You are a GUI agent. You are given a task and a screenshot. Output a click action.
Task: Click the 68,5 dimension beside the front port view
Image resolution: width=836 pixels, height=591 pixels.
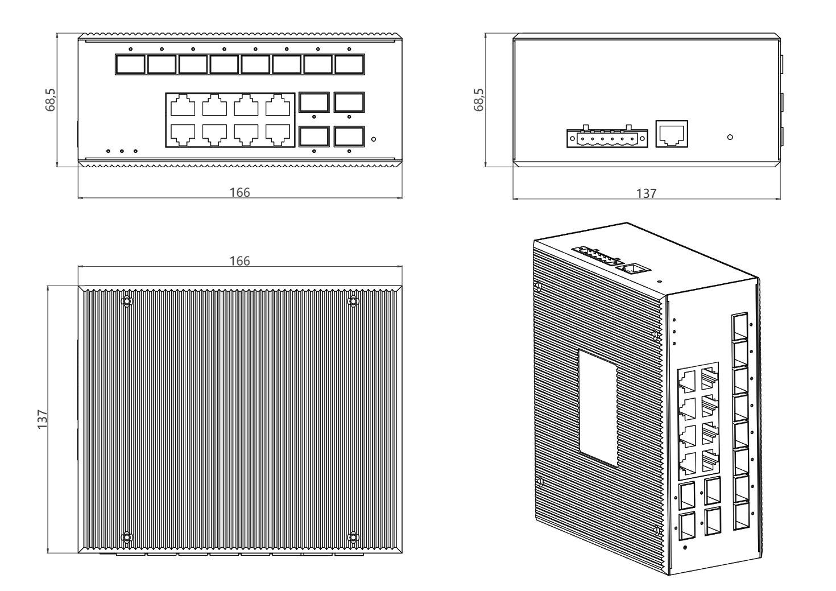tap(50, 100)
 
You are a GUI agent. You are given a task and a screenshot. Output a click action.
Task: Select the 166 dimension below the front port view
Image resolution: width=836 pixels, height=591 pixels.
tap(239, 192)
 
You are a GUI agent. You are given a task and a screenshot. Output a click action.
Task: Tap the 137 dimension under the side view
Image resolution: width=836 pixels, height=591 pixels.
tap(646, 193)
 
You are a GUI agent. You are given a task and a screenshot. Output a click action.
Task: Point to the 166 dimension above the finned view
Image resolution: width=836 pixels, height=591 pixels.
tap(239, 261)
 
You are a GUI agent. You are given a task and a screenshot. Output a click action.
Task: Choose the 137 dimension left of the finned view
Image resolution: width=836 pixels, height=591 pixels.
tap(42, 419)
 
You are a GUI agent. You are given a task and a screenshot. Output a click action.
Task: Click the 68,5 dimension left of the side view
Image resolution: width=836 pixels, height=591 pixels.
tap(478, 100)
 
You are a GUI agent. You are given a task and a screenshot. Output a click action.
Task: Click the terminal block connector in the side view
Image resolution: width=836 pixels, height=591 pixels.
tap(607, 138)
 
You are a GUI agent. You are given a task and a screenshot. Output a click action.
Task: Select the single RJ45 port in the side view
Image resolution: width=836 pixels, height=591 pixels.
tap(672, 134)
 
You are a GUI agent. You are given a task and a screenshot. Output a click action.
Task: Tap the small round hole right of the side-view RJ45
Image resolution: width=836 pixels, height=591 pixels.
tap(730, 137)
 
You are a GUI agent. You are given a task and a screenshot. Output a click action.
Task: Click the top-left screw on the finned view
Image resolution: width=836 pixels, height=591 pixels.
tap(127, 301)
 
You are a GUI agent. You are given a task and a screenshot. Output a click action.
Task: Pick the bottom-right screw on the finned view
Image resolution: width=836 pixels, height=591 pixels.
tap(353, 537)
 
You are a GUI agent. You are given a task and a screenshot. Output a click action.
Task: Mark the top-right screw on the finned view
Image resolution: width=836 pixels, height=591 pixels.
tap(353, 301)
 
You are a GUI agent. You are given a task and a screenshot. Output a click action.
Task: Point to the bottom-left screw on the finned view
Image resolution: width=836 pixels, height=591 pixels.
tap(127, 537)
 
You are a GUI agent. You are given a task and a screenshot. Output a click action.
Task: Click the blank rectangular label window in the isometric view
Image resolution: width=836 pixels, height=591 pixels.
tap(598, 408)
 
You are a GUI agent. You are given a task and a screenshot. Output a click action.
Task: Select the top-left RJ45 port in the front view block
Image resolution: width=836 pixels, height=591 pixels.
tap(183, 105)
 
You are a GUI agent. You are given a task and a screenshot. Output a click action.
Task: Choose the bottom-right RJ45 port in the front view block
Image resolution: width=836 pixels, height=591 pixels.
tap(278, 135)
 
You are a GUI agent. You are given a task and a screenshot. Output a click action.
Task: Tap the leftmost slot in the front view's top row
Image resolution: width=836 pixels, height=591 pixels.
tap(130, 65)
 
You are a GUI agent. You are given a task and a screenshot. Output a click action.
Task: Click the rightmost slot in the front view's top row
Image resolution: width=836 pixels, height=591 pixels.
tap(349, 65)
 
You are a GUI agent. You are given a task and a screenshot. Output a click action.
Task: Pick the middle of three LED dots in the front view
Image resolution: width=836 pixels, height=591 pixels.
tap(122, 151)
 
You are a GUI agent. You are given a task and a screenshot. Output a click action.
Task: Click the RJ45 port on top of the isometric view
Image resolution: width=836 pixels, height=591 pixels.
tap(632, 268)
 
